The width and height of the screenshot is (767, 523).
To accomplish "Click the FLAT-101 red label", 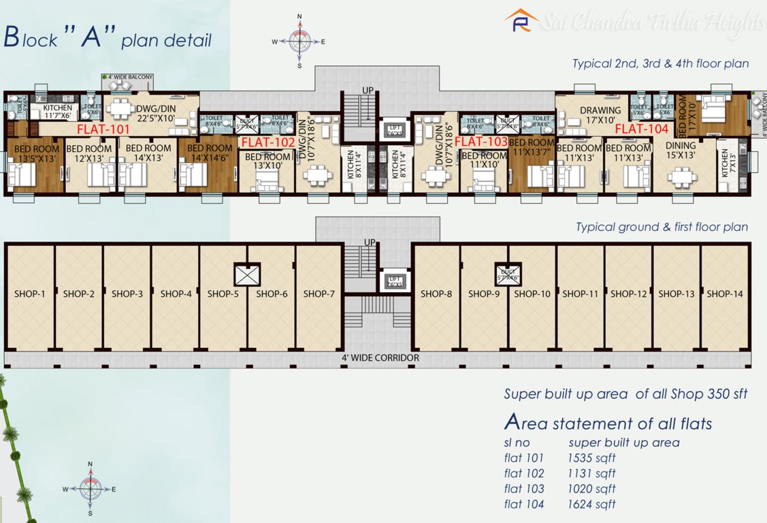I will [x=102, y=128].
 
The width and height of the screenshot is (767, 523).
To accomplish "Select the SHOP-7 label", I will [x=319, y=294].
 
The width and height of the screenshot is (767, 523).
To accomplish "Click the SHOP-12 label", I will [x=628, y=294].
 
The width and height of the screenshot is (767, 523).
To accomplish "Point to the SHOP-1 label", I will [x=29, y=294].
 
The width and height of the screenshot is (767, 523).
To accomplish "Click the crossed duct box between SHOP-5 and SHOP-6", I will [x=246, y=274].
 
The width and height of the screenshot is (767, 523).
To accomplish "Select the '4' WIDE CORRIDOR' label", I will [x=380, y=358].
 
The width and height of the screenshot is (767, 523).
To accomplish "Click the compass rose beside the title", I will [x=299, y=41].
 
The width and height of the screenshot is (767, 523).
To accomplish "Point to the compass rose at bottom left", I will [x=90, y=488].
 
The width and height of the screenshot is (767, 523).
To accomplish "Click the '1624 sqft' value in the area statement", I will [x=591, y=505].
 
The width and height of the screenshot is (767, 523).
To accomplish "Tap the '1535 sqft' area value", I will [x=591, y=458].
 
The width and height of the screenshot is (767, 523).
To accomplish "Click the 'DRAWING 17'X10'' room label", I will [x=600, y=114].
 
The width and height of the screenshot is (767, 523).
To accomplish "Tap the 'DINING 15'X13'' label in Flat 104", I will [x=681, y=150].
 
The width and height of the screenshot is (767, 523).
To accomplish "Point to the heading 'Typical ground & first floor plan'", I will [x=662, y=227].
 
